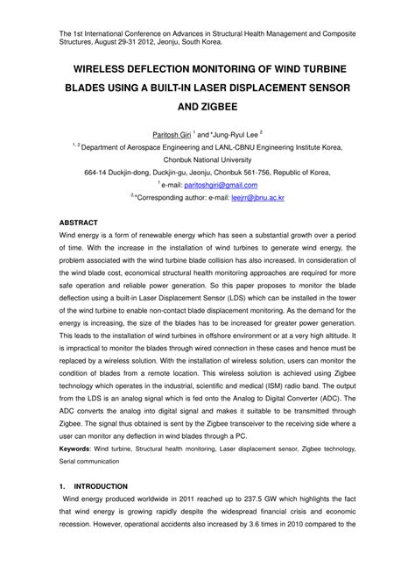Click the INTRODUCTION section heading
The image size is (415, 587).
[x=102, y=486]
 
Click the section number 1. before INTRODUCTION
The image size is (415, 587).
[x=61, y=486]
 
